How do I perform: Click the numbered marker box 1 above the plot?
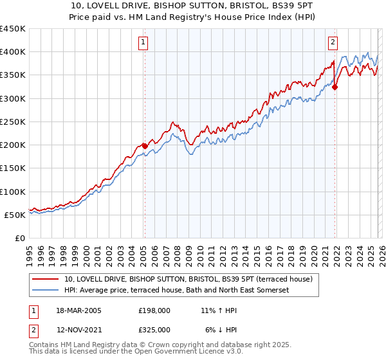[x=142, y=43]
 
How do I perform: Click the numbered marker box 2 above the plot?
[x=333, y=43]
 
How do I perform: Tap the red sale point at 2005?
[x=145, y=146]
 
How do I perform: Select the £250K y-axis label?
[x=13, y=122]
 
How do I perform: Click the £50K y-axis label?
[x=15, y=215]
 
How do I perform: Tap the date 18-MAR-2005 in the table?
[x=79, y=310]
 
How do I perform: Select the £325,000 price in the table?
[x=154, y=329]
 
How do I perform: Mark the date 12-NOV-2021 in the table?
[x=79, y=329]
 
